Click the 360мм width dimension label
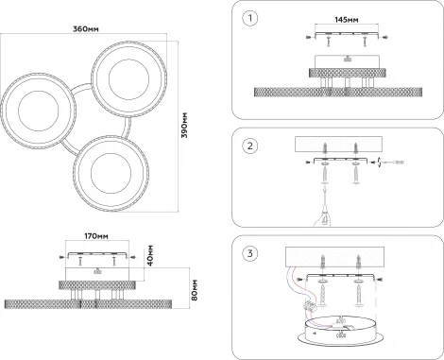tap(86, 29)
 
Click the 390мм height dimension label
tap(184, 125)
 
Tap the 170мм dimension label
tap(96, 236)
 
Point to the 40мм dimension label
tap(150, 255)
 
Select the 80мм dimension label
tap(195, 290)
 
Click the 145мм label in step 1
tap(347, 20)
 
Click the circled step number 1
tap(250, 18)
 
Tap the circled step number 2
tap(250, 146)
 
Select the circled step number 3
tap(250, 253)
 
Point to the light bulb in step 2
tap(323, 217)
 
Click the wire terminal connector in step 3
tap(310, 305)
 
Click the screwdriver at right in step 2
tap(391, 163)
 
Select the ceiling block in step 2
tap(338, 144)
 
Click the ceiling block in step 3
tap(334, 257)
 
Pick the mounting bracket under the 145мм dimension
tap(347, 34)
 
